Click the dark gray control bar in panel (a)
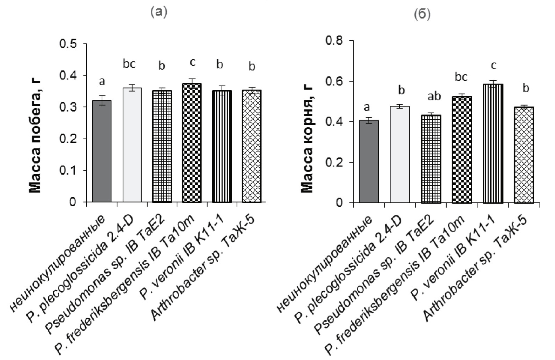(x=102, y=151)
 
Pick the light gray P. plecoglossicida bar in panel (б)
(x=400, y=155)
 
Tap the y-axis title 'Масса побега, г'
(x=36, y=136)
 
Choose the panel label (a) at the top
(x=159, y=13)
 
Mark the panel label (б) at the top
(x=422, y=15)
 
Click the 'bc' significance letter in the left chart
(x=129, y=64)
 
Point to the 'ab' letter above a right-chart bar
(x=434, y=96)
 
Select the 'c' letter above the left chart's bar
(x=192, y=62)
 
